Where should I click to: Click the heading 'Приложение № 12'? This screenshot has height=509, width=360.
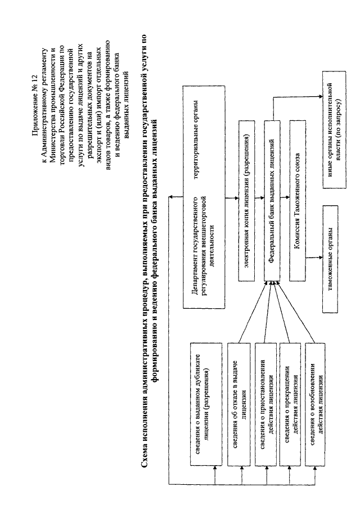35,104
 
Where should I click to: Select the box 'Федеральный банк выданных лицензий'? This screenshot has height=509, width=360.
273,201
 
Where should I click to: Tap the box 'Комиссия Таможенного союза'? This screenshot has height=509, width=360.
298,201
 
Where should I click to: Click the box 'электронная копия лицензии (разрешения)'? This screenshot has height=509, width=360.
247,201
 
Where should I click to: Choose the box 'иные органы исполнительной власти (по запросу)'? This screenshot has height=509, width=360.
334,129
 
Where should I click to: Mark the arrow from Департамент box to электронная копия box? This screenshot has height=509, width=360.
232,198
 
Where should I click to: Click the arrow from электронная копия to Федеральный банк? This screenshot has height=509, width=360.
260,198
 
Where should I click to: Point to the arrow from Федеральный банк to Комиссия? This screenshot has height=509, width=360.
285,198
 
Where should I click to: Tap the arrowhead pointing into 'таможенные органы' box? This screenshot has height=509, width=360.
321,259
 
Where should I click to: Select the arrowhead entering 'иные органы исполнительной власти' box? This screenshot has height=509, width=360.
321,96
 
